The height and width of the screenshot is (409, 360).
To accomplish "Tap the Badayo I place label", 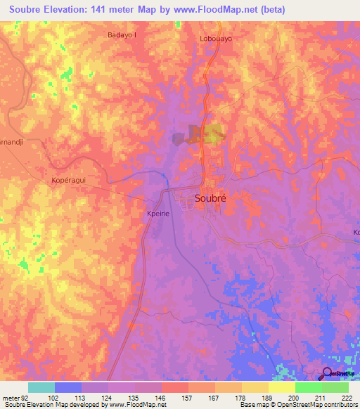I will pyautogui.click(x=122, y=34).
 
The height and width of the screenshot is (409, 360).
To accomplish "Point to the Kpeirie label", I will pyautogui.click(x=157, y=213).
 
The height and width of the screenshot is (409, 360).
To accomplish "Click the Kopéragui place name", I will pyautogui.click(x=68, y=181).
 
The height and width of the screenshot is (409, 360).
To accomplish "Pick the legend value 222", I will pyautogui.click(x=347, y=398).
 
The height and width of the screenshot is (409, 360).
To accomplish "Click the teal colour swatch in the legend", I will pyautogui.click(x=41, y=387).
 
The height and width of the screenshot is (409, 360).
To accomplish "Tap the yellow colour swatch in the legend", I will pyautogui.click(x=282, y=387).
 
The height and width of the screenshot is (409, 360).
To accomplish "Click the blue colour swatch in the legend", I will pyautogui.click(x=68, y=387).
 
